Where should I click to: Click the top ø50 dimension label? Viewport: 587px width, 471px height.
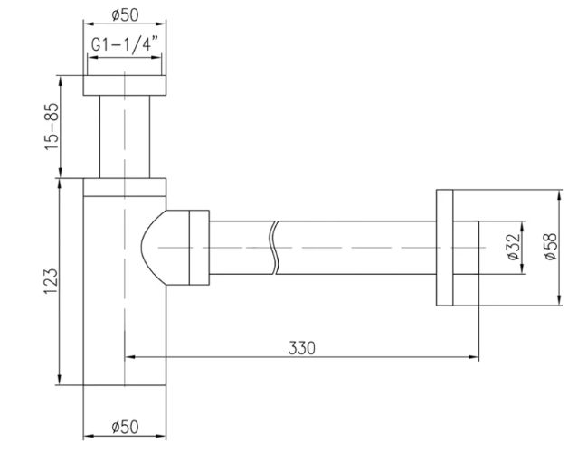tap(125, 15)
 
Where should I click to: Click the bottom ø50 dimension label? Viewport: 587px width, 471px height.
tap(125, 427)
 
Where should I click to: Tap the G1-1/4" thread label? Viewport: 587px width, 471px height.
tap(125, 44)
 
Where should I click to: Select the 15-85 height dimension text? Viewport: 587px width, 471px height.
tap(52, 127)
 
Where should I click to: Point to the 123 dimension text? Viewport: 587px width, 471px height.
tap(52, 281)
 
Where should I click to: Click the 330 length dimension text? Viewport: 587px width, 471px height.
tap(302, 348)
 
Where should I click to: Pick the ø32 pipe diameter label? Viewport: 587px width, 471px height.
tap(513, 247)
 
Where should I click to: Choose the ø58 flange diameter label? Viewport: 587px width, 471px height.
tap(550, 247)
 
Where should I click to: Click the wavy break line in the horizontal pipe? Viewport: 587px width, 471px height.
tap(276, 248)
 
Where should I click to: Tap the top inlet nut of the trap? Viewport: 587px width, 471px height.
tap(125, 85)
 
